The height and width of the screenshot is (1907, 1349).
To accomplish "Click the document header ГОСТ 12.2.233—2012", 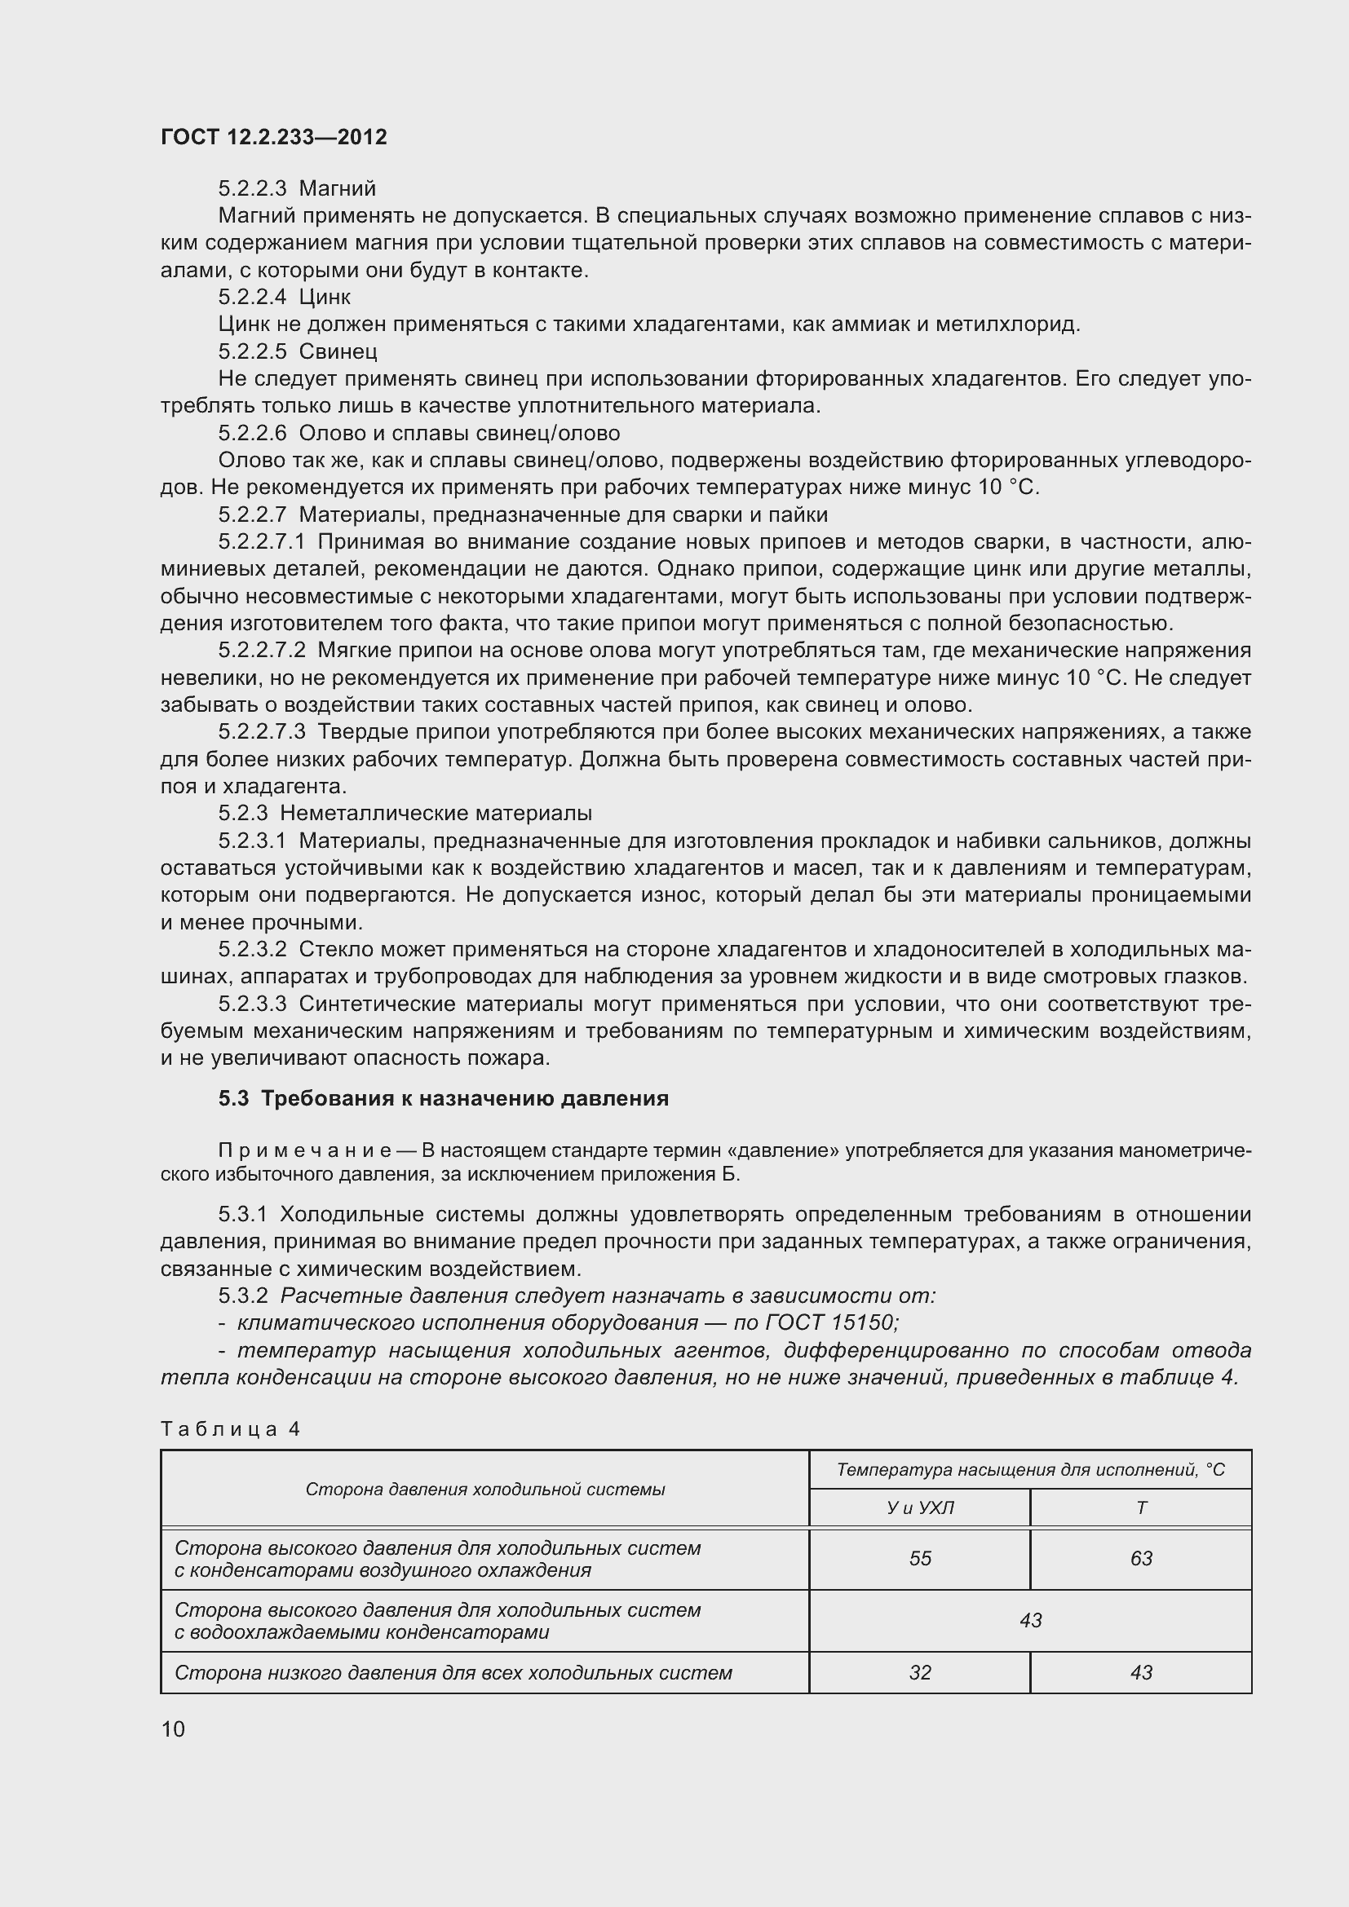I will [273, 137].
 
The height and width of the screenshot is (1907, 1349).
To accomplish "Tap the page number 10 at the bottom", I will [173, 1729].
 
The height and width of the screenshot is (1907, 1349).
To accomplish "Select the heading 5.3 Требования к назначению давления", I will [444, 1098].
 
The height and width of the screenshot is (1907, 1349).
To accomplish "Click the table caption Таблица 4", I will [230, 1428].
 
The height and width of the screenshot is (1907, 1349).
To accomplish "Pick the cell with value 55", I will [919, 1558].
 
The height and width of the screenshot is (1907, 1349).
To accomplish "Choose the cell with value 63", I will [1140, 1558].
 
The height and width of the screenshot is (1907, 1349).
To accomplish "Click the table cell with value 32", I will [919, 1672].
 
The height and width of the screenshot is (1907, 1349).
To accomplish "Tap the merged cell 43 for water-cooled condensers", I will [1030, 1621].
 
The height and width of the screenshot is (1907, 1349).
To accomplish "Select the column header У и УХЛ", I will [919, 1508].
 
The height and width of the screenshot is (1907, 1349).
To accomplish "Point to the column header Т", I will [1140, 1508].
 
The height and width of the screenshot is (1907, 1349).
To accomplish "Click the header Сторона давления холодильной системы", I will [485, 1490].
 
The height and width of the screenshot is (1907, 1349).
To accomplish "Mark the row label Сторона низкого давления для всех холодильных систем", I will [453, 1672].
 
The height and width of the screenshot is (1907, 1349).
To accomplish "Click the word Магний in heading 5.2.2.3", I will [338, 188].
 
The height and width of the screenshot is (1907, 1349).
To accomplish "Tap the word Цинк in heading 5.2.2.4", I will [325, 298].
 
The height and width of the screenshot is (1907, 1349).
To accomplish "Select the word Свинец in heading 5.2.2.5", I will [338, 351].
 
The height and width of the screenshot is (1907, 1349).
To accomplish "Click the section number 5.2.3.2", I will [252, 948].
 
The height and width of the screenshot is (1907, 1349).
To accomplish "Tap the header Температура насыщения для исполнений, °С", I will [1030, 1470].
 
